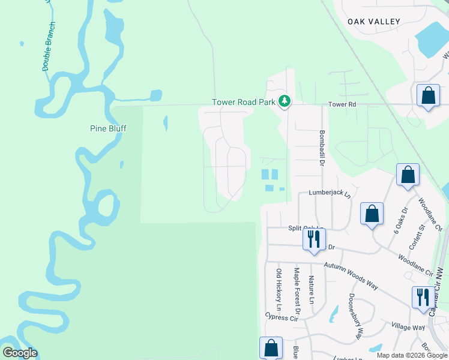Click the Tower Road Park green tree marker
[x=285, y=103]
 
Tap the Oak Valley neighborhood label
[x=373, y=22]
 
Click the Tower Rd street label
[x=342, y=104]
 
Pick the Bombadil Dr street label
[x=322, y=149]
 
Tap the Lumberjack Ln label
[x=329, y=193]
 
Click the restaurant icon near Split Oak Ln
[x=314, y=239]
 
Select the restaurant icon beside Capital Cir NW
[x=423, y=297]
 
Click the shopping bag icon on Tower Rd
[x=428, y=95]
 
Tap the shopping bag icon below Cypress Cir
[x=270, y=347]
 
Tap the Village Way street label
[x=408, y=327]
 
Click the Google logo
[x=20, y=353]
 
